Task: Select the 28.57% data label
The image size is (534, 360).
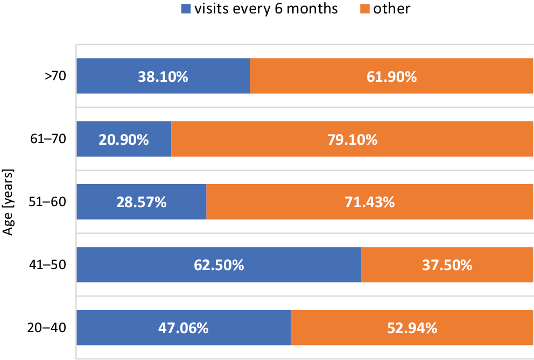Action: click(x=141, y=203)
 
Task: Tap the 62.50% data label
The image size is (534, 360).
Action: click(x=219, y=265)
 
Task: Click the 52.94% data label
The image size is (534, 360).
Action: click(x=412, y=328)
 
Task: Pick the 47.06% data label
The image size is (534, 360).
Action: click(x=183, y=328)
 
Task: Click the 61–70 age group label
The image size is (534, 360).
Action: click(x=48, y=139)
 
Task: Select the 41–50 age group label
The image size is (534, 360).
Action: click(x=48, y=265)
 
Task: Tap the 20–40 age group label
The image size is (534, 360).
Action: click(x=48, y=328)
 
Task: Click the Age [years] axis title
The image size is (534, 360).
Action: click(x=8, y=202)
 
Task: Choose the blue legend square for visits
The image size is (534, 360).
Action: click(x=186, y=9)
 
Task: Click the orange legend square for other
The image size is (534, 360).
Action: click(x=363, y=9)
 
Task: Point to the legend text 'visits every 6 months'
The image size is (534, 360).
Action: click(x=266, y=9)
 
